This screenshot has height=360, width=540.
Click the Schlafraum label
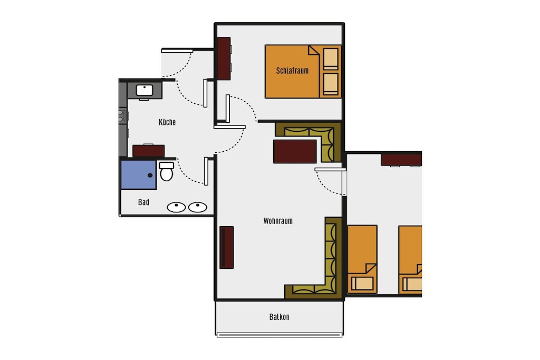292,71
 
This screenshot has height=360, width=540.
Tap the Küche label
167,122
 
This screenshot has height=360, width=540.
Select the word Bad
143,202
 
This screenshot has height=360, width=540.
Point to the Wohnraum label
278,221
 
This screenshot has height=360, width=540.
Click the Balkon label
279,317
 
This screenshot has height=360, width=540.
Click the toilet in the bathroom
167,171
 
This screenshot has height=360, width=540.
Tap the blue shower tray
139,175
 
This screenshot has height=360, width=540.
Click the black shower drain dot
150,176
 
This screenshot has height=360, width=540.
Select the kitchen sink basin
144,91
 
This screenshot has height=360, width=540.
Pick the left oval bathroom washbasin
176,207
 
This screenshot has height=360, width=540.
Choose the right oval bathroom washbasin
198,207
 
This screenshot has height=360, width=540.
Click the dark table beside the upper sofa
295,151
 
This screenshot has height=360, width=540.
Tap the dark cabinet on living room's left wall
227,247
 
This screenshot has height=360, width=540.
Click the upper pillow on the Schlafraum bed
331,59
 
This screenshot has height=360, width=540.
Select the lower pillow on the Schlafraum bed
331,84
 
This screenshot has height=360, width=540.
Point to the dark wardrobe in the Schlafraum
224,59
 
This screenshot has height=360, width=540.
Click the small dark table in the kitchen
148,151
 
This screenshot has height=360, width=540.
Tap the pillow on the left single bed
362,284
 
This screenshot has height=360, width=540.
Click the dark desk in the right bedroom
401,160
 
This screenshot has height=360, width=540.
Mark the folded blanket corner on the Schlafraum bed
314,51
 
